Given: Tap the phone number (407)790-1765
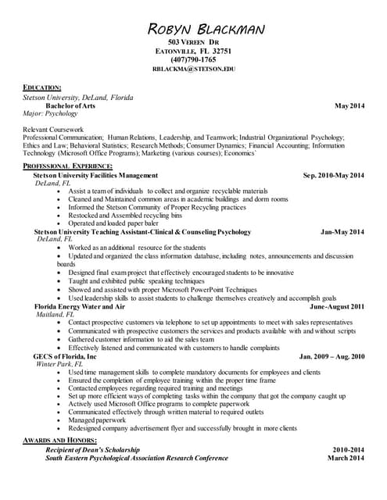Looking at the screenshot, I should tap(193, 59).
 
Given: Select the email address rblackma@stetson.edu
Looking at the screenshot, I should tap(193, 70).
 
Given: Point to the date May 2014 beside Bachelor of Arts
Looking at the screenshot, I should tap(349, 105).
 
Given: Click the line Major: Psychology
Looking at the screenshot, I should tap(52, 113).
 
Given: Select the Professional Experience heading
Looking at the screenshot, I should tap(67, 167).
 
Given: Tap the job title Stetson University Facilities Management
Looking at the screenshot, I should tap(95, 176).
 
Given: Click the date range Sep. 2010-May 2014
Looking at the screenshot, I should tap(333, 176).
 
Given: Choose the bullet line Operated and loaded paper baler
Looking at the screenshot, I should tap(119, 223).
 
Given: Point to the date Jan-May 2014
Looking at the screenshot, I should tap(342, 232).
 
